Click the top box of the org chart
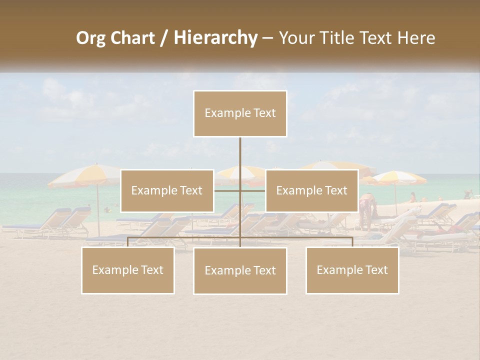(240, 113)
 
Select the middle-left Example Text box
(167, 190)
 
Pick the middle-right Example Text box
(311, 190)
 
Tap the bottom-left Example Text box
(128, 270)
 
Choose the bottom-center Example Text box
(240, 270)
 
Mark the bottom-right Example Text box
(352, 270)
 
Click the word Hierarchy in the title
(215, 38)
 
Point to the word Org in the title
(90, 38)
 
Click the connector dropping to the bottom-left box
(128, 242)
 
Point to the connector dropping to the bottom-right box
(352, 242)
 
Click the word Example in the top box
(223, 113)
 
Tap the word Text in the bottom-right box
(376, 270)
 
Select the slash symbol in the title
(163, 38)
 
